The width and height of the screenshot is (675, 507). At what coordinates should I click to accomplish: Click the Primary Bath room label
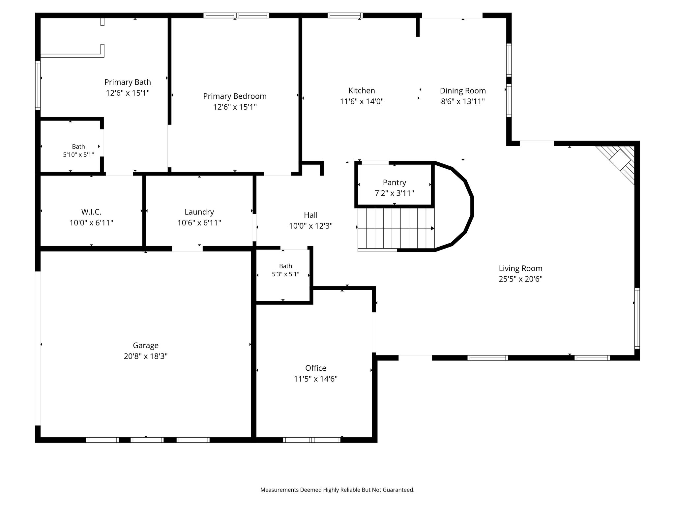click(x=128, y=82)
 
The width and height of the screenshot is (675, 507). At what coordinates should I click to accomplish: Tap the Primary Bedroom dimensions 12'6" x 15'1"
click(x=235, y=107)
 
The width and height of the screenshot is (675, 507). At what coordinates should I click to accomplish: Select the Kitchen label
click(x=362, y=90)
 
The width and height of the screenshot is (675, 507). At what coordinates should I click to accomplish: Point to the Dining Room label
click(x=463, y=91)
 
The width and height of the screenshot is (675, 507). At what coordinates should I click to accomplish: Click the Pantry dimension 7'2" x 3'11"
click(x=394, y=193)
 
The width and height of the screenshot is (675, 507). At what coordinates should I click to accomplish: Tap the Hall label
click(x=310, y=215)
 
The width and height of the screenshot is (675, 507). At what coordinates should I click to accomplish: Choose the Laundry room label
click(x=199, y=212)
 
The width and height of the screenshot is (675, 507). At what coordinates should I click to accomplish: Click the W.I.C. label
click(x=91, y=212)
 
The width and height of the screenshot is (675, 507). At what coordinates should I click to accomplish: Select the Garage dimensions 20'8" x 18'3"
click(x=146, y=356)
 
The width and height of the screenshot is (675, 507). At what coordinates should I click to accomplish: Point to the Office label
click(x=316, y=368)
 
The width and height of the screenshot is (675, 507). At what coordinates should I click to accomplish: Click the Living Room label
click(x=520, y=268)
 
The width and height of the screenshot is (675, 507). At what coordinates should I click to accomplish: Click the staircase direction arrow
click(x=396, y=228)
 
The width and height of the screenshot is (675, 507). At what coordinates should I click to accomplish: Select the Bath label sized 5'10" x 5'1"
click(x=78, y=147)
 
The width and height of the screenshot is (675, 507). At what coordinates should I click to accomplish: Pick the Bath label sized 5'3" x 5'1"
click(x=285, y=266)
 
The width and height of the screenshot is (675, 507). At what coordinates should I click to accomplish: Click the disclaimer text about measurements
click(x=337, y=490)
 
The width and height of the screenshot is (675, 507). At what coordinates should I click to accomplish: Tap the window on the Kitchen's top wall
click(x=345, y=16)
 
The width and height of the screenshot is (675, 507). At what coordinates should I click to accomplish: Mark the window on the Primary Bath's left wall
click(x=38, y=85)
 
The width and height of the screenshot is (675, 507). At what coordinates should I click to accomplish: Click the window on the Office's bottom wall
click(x=311, y=440)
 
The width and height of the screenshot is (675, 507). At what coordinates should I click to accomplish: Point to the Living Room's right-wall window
click(x=637, y=318)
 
